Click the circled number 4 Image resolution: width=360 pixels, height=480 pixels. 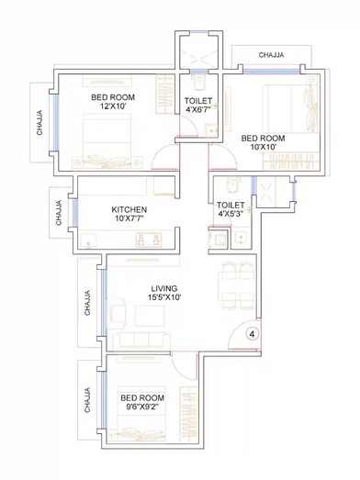click(x=252, y=334)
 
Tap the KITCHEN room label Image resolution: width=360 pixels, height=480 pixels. click(x=129, y=208)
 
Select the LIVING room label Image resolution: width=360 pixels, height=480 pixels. click(x=165, y=286)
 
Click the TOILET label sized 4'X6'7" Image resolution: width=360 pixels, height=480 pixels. click(x=198, y=101)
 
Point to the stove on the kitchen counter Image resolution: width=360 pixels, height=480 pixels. click(x=146, y=241)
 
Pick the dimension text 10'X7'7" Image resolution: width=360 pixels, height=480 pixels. click(x=129, y=219)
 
